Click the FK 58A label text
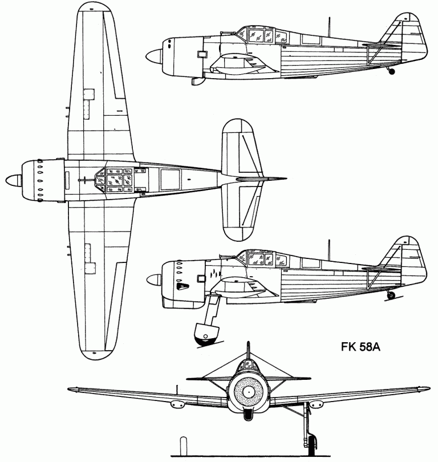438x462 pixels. [360, 347]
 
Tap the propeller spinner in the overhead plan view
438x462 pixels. [14, 181]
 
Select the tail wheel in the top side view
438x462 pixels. [391, 71]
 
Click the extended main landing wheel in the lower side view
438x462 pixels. [206, 334]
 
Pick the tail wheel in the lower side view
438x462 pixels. [391, 295]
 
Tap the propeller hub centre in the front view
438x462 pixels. [248, 391]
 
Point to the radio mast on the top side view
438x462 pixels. [329, 27]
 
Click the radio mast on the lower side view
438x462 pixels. [329, 250]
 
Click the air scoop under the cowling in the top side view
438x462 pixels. [198, 81]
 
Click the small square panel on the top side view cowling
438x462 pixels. [202, 54]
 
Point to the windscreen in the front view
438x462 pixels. [248, 366]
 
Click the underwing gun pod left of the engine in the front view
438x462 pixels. [177, 404]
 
